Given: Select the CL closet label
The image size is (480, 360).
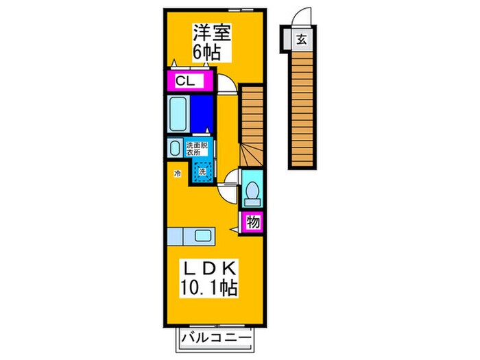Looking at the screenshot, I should coord(186,82).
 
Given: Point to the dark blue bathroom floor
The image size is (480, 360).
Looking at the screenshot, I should coord(202,113).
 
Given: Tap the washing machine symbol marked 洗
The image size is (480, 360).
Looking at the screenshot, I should coord(202,171).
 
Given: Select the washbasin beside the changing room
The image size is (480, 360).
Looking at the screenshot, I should coord(173,147).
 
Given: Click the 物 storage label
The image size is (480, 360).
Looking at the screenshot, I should coord(252,221).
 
